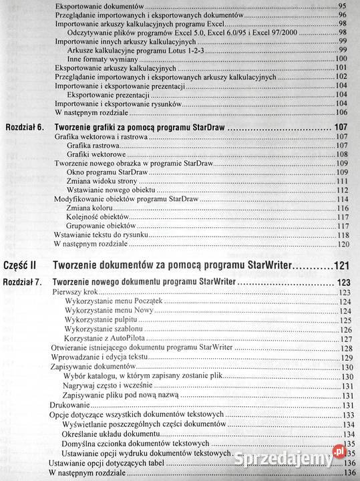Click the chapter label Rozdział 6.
(x=25, y=126)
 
